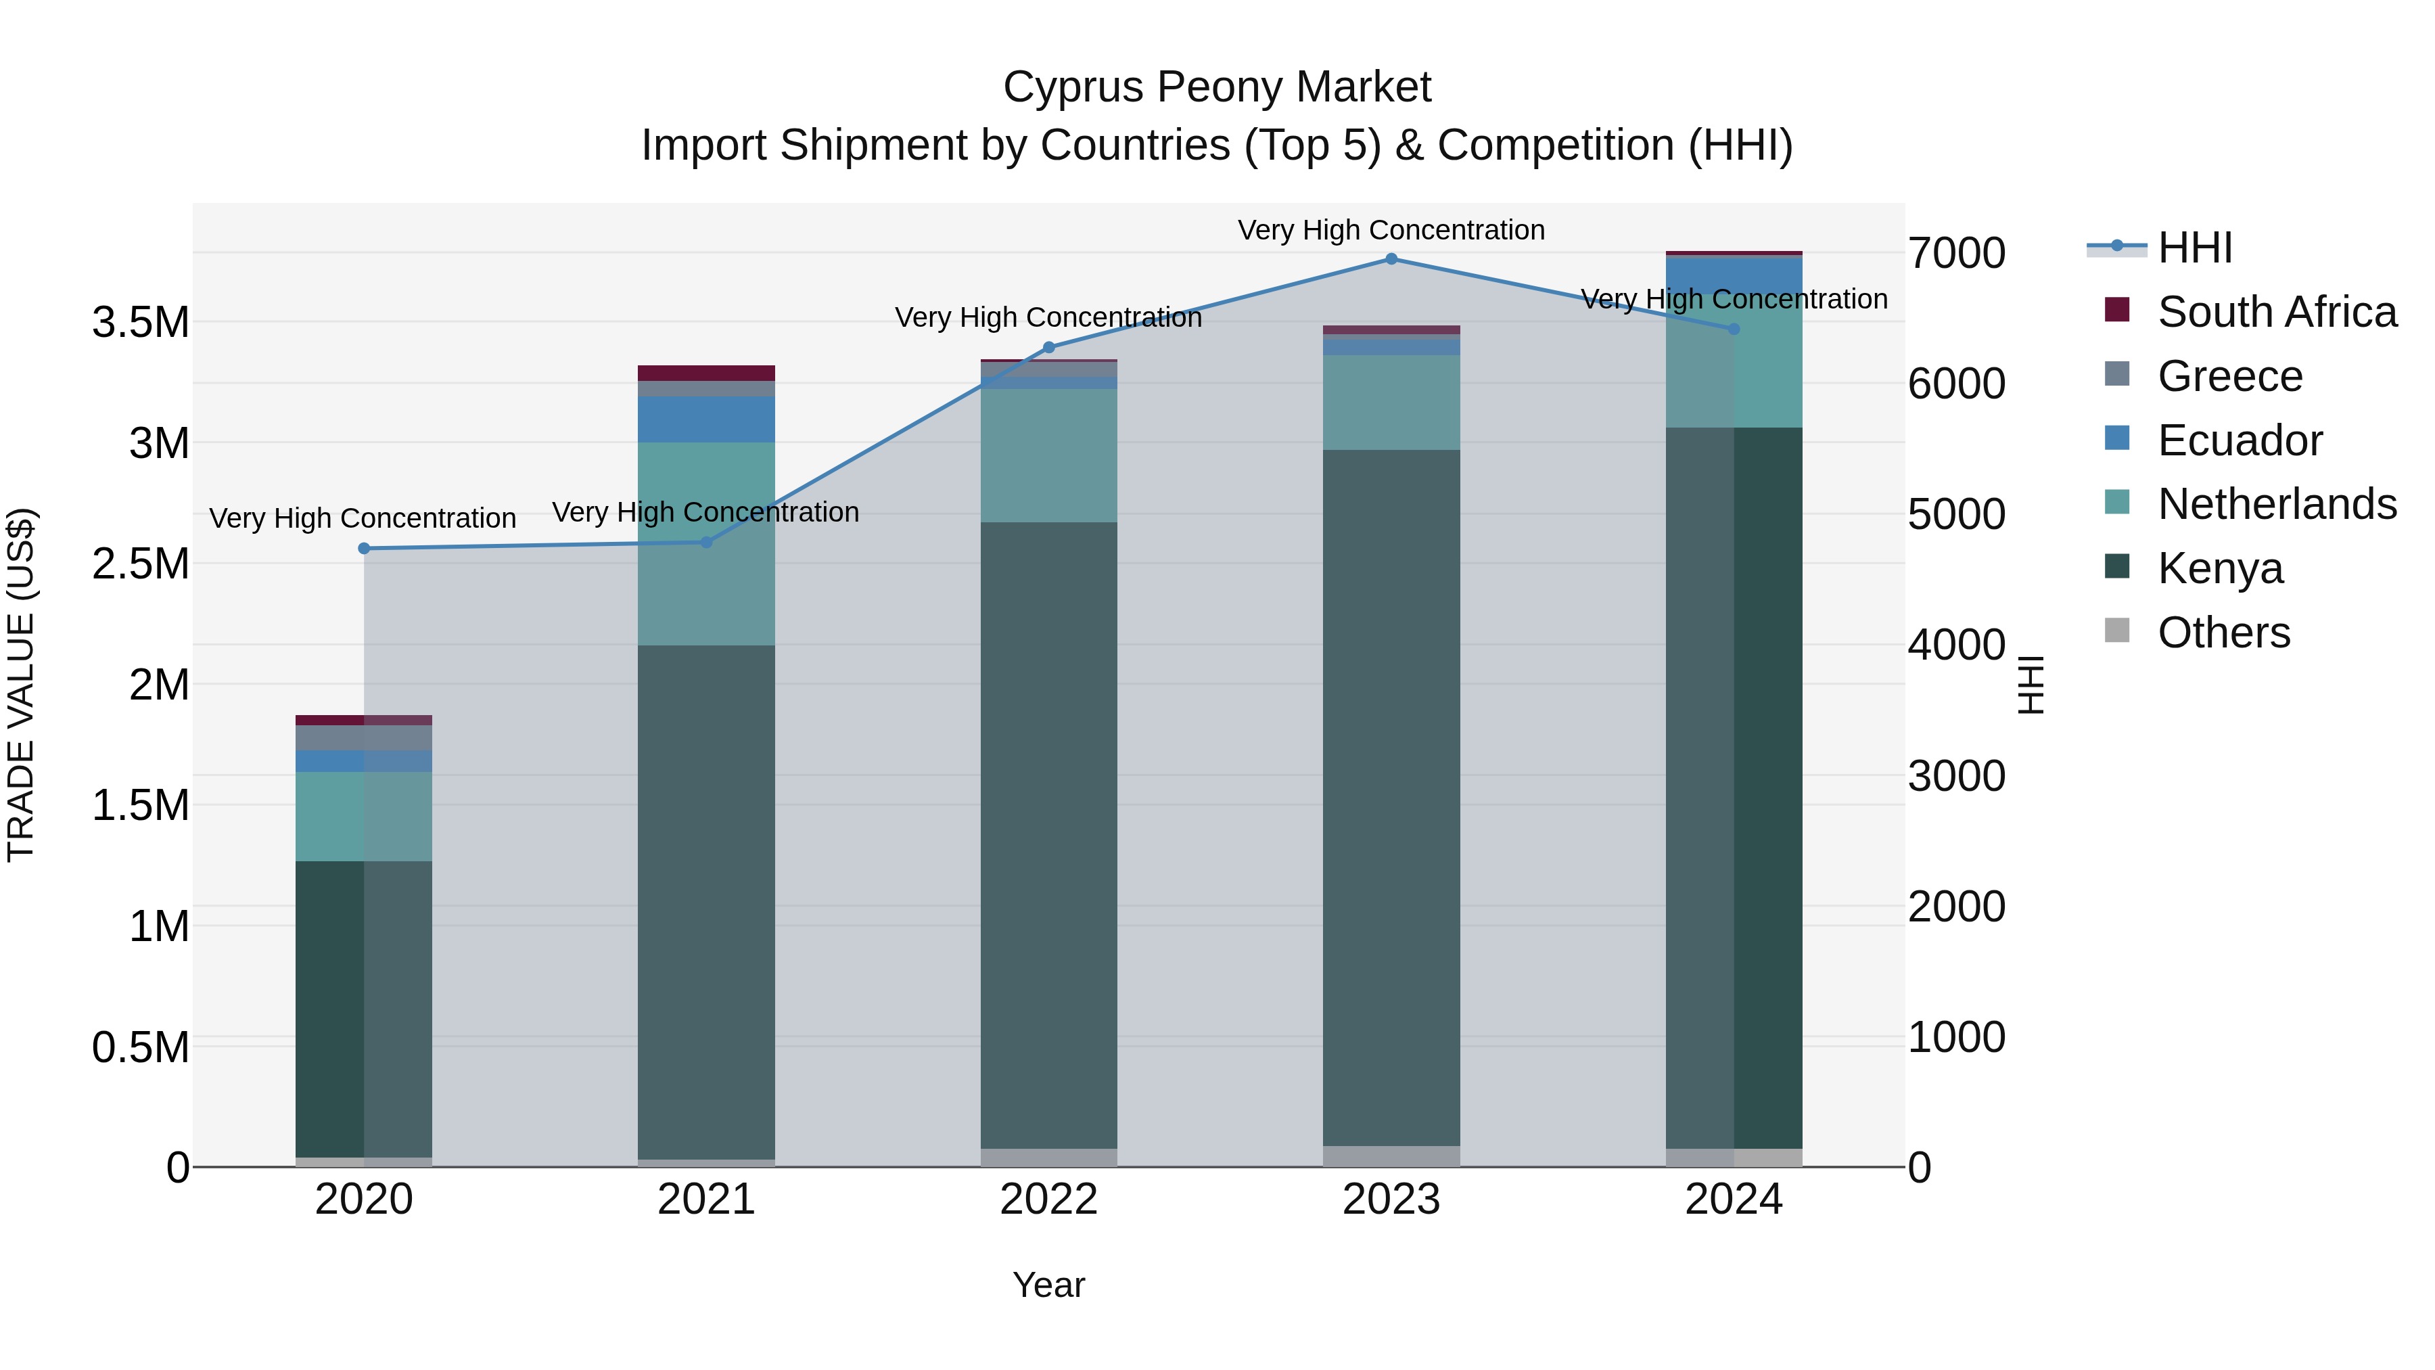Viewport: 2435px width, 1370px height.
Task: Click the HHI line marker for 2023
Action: pyautogui.click(x=1391, y=259)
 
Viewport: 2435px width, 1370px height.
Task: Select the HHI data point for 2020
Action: pyautogui.click(x=364, y=549)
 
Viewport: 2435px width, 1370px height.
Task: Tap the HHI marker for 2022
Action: pyautogui.click(x=1048, y=347)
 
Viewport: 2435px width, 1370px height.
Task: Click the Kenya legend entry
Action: pyautogui.click(x=2219, y=568)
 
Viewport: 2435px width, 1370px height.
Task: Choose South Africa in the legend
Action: pyautogui.click(x=2276, y=312)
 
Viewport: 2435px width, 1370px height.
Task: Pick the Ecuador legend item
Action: pyautogui.click(x=2240, y=440)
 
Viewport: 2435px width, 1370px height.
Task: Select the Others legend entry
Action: pyautogui.click(x=2223, y=633)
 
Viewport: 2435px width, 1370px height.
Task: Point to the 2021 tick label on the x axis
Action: pyautogui.click(x=706, y=1200)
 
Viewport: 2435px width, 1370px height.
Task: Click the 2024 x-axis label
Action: pyautogui.click(x=1733, y=1200)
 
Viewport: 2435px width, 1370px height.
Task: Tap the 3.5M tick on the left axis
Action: pyautogui.click(x=141, y=323)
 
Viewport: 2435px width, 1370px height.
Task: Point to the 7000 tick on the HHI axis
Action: pyautogui.click(x=1955, y=254)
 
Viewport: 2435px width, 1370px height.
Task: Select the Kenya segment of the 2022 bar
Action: pyautogui.click(x=1048, y=832)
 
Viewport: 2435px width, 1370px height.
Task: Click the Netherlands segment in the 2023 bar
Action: pyautogui.click(x=1391, y=402)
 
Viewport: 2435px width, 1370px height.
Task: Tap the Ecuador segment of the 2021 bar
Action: pyautogui.click(x=706, y=419)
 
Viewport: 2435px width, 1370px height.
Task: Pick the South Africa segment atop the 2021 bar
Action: pyautogui.click(x=706, y=373)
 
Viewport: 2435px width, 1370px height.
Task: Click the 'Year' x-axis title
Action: pyautogui.click(x=1048, y=1285)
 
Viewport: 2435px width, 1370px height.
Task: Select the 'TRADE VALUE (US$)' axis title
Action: pyautogui.click(x=21, y=685)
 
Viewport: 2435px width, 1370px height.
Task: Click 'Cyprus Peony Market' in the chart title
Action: pyautogui.click(x=1217, y=87)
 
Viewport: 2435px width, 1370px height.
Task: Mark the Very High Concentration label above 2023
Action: pyautogui.click(x=1391, y=230)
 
